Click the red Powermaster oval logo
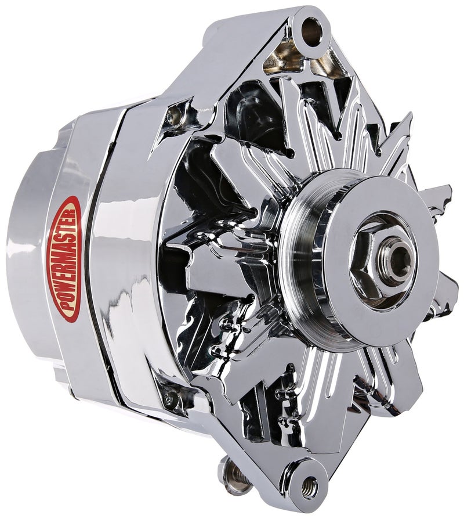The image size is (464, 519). click(68, 258)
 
